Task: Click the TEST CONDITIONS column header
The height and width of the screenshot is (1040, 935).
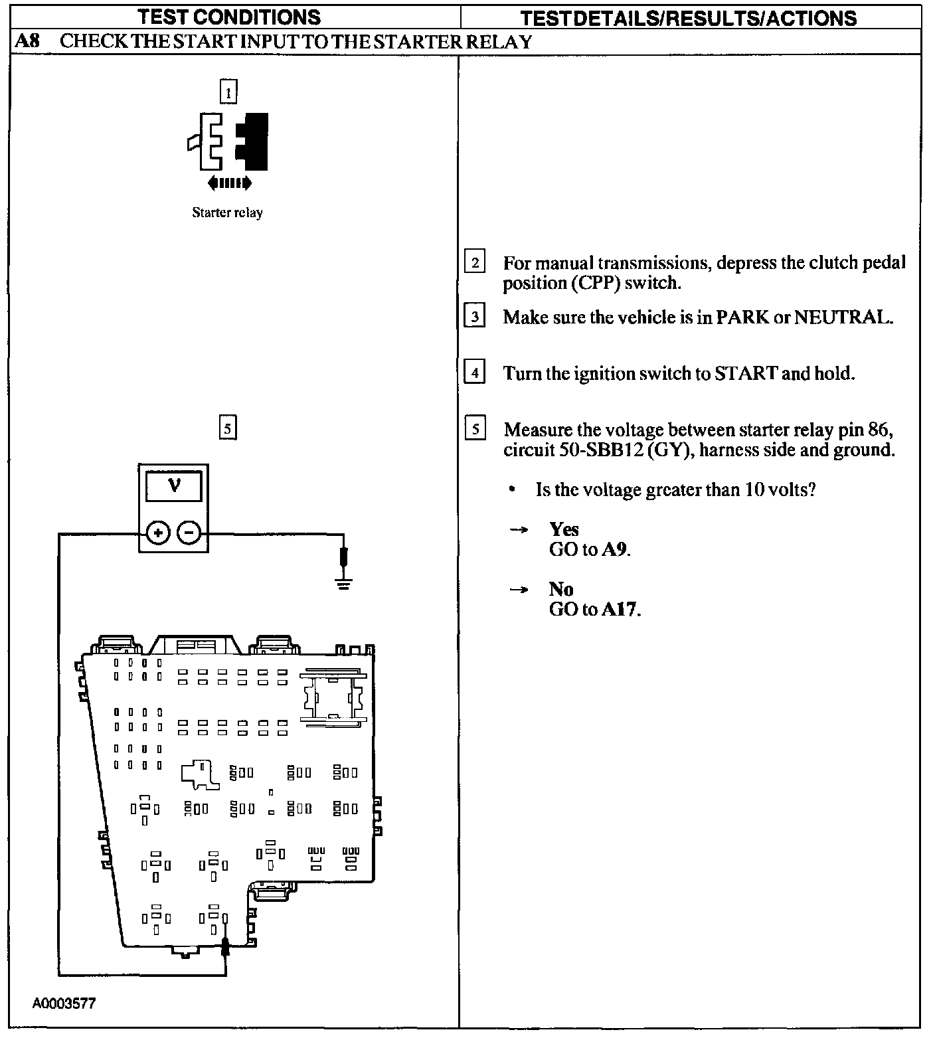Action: (x=229, y=17)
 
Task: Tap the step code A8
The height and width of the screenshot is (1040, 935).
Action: (x=27, y=41)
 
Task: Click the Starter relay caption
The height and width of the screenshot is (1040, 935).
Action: (x=227, y=213)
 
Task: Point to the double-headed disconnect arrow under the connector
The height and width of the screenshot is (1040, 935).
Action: (x=229, y=183)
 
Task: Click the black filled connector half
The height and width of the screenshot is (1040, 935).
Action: (x=253, y=141)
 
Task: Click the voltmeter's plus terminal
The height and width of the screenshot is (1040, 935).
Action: (x=157, y=533)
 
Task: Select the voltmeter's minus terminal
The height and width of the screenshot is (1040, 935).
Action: (x=189, y=533)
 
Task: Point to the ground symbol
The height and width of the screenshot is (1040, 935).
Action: (x=343, y=584)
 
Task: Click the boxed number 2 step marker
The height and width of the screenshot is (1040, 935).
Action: (x=474, y=262)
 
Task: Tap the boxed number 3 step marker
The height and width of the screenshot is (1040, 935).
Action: (x=474, y=317)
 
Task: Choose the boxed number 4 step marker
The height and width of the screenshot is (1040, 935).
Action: (x=474, y=373)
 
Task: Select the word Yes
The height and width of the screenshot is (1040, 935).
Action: (x=564, y=529)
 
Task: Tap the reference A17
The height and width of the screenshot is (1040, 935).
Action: (x=620, y=610)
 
